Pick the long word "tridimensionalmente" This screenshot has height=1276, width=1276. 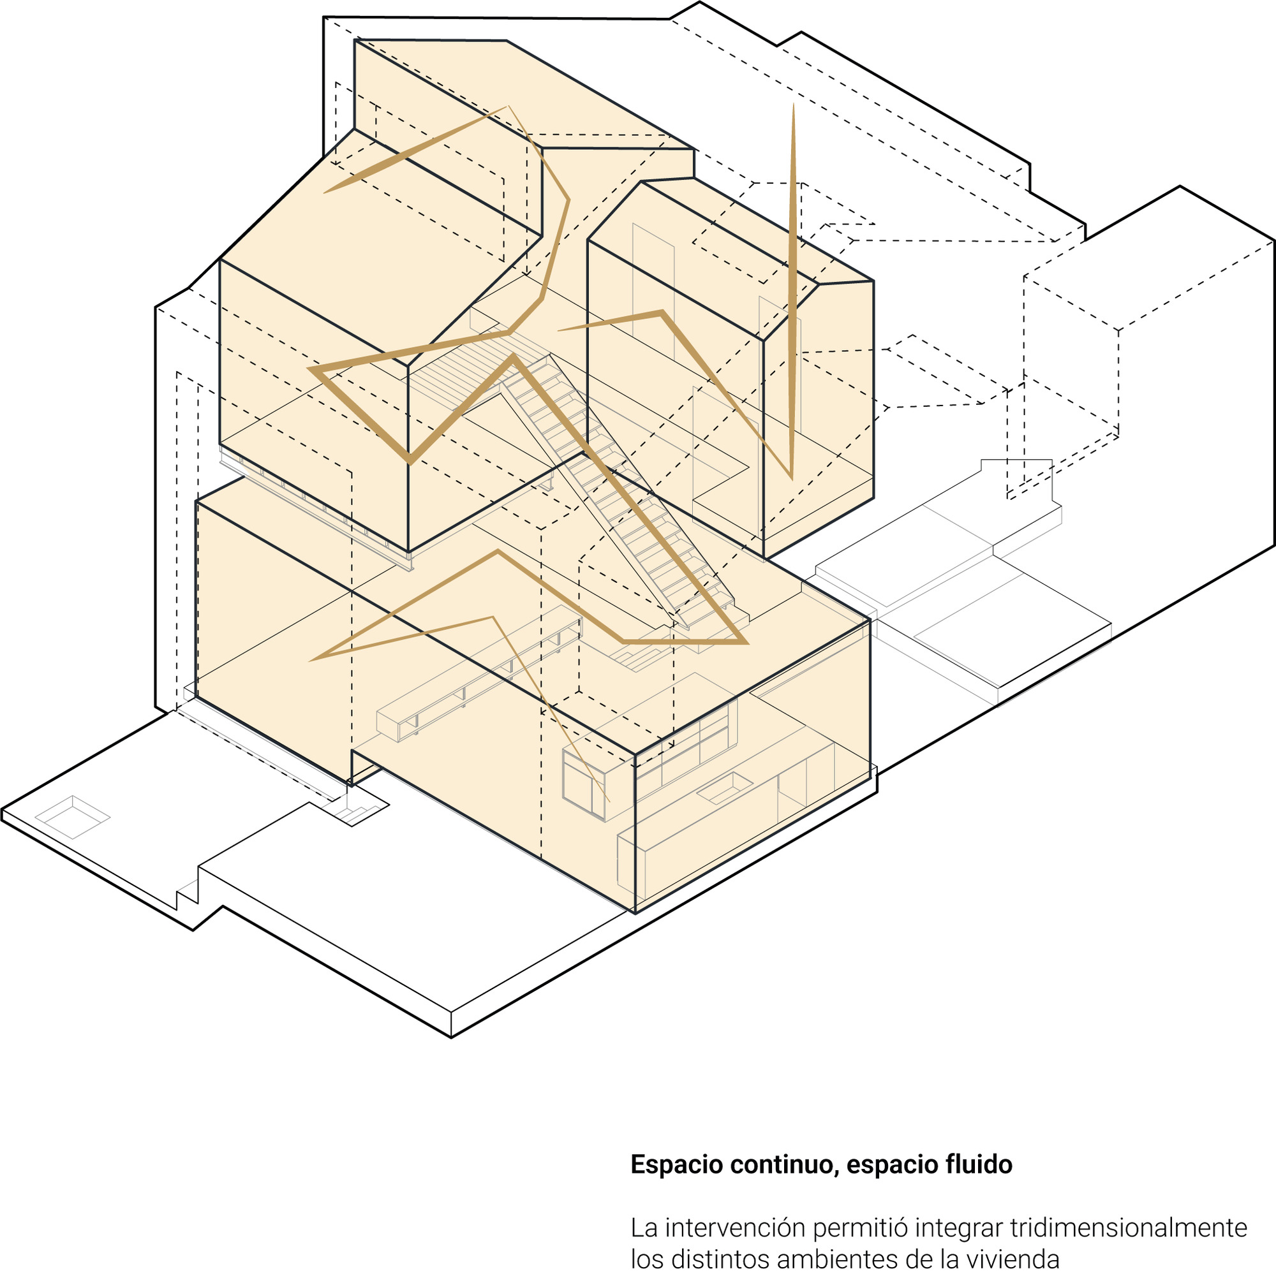[x=1128, y=1228]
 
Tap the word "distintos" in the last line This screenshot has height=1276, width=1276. [x=716, y=1259]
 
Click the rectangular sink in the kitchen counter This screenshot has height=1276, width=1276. [x=724, y=788]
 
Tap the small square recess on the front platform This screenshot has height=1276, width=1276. [x=72, y=817]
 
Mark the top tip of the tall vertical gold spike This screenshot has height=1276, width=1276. [x=793, y=106]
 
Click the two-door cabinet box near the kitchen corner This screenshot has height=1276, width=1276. [x=583, y=784]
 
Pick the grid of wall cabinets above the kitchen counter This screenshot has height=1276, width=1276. [x=687, y=746]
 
